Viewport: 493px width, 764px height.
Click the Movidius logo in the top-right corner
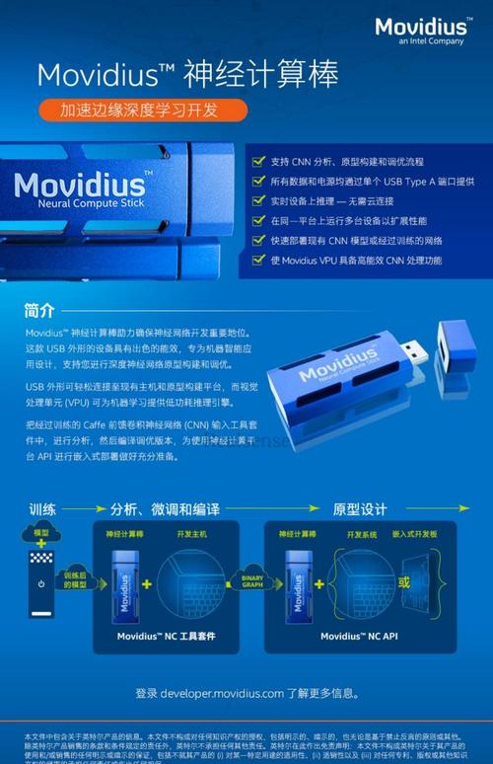click(420, 30)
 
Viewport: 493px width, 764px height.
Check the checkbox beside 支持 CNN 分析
click(258, 160)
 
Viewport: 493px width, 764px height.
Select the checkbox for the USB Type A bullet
click(258, 181)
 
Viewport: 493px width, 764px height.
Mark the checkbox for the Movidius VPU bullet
click(258, 261)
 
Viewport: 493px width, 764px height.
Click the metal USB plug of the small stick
click(415, 351)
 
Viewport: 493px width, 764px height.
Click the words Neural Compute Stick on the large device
click(83, 201)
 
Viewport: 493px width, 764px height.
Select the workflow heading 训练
click(42, 508)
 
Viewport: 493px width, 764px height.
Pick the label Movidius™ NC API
click(359, 637)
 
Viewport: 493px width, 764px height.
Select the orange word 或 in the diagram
click(402, 580)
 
